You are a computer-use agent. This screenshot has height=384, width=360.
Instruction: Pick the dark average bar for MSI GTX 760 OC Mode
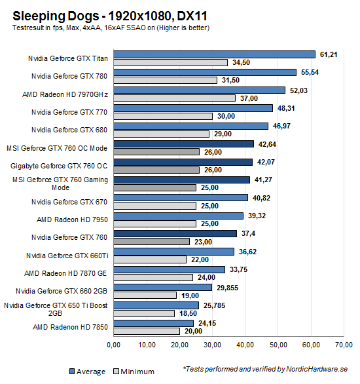click(184, 144)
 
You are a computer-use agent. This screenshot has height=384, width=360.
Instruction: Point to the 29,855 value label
click(226, 287)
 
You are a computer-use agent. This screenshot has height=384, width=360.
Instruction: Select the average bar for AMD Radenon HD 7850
click(153, 323)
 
